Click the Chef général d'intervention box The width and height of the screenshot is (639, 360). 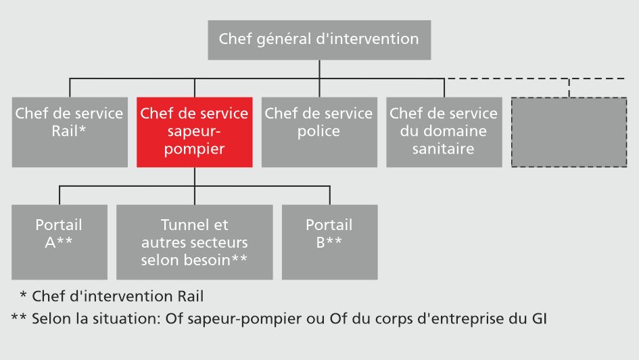pyautogui.click(x=318, y=39)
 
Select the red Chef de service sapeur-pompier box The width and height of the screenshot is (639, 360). pyautogui.click(x=195, y=132)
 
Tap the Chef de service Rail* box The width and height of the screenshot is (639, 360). pyautogui.click(x=70, y=132)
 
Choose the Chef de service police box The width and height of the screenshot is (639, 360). pyautogui.click(x=319, y=132)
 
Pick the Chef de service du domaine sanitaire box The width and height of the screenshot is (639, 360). pyautogui.click(x=444, y=132)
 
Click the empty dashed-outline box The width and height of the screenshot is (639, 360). pyautogui.click(x=569, y=132)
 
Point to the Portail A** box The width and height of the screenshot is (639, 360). pyautogui.click(x=60, y=242)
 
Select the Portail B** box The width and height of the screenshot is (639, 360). pyautogui.click(x=329, y=242)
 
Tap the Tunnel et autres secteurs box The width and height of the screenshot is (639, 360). pyautogui.click(x=195, y=242)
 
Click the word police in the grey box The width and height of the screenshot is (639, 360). pyautogui.click(x=318, y=131)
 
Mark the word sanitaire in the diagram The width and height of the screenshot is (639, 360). pyautogui.click(x=444, y=149)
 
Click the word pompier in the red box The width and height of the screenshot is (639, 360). pyautogui.click(x=194, y=149)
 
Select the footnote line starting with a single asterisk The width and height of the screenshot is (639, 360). pyautogui.click(x=112, y=296)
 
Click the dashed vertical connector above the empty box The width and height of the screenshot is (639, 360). pyautogui.click(x=569, y=88)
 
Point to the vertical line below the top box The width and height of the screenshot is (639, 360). pyautogui.click(x=318, y=68)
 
